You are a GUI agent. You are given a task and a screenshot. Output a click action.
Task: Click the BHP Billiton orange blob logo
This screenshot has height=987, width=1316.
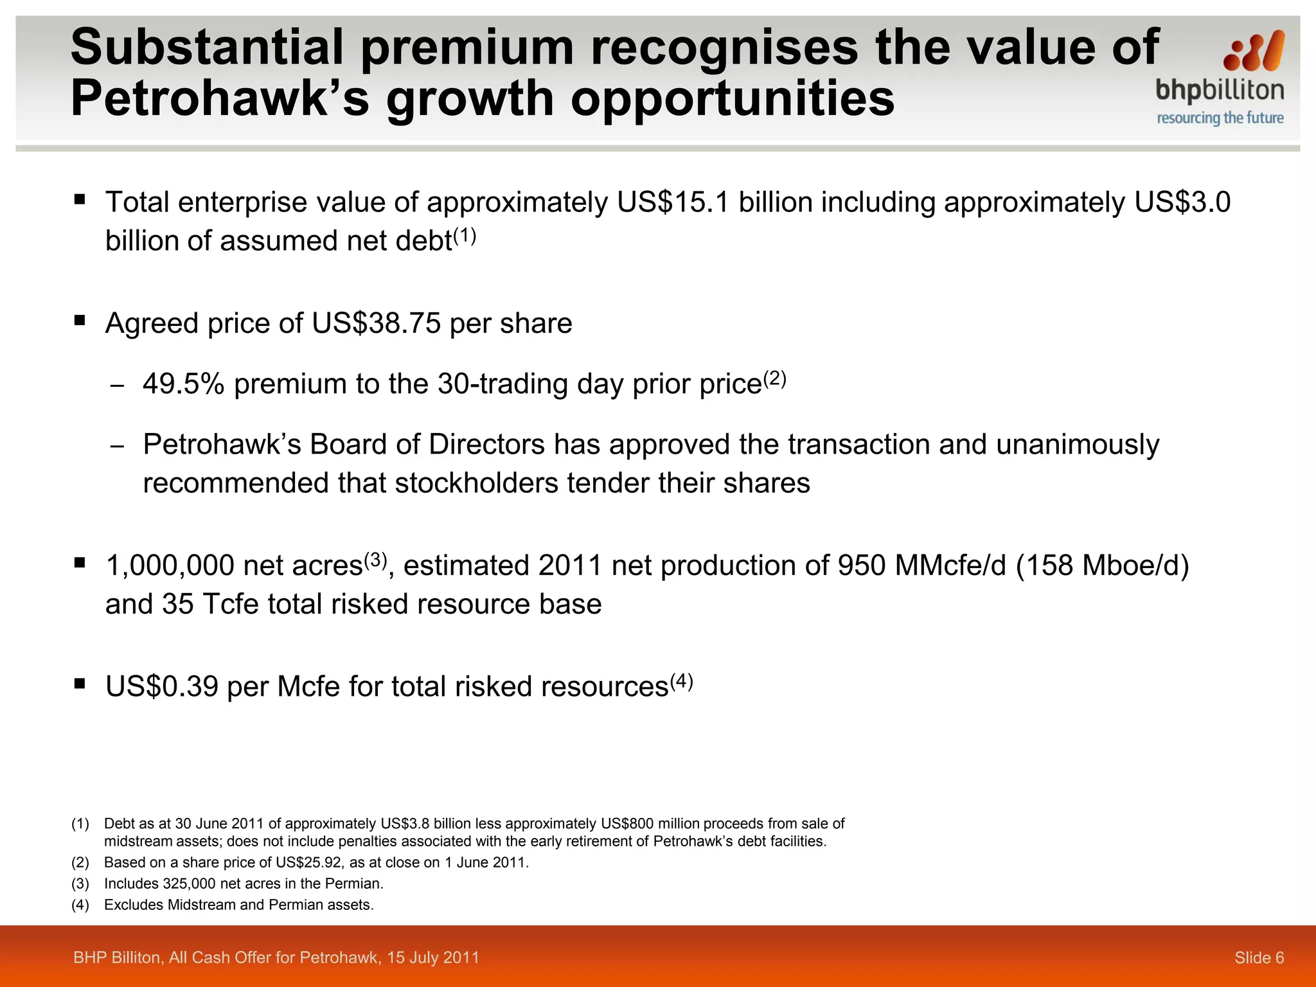1254,51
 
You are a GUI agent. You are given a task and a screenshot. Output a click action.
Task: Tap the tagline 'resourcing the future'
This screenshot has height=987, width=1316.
1220,118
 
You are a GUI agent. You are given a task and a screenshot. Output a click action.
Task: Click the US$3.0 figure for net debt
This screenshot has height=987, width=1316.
1182,202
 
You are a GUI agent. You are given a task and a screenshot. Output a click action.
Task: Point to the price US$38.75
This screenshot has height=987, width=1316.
377,323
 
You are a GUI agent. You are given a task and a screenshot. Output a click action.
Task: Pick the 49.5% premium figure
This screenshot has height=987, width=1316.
184,384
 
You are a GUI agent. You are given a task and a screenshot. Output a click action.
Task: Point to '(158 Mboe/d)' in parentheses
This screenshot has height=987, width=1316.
1103,566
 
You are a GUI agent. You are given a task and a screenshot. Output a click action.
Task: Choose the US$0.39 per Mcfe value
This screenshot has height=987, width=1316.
162,687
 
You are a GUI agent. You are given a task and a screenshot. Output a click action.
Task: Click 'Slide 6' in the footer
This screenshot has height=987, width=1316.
1259,958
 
